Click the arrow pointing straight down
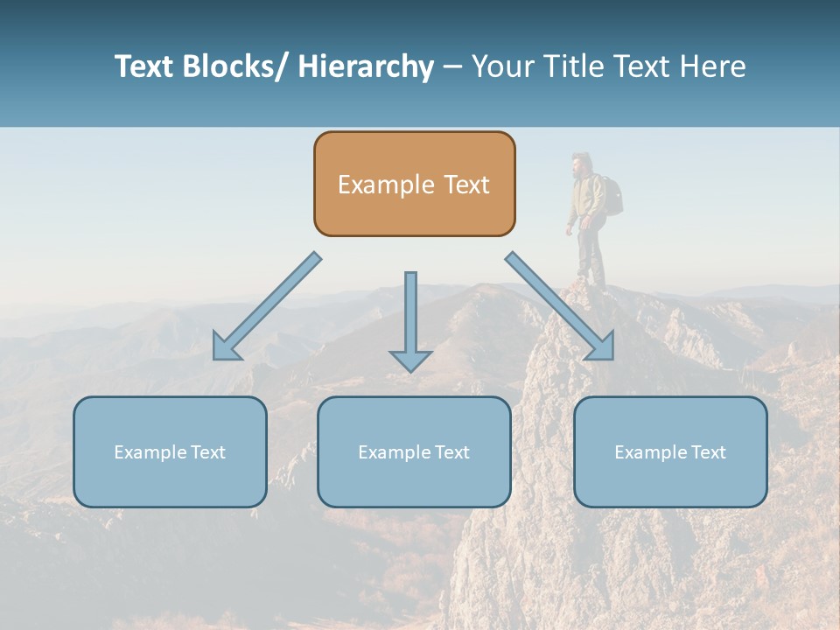point(410,315)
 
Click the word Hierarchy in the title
point(366,66)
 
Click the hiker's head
point(580,164)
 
